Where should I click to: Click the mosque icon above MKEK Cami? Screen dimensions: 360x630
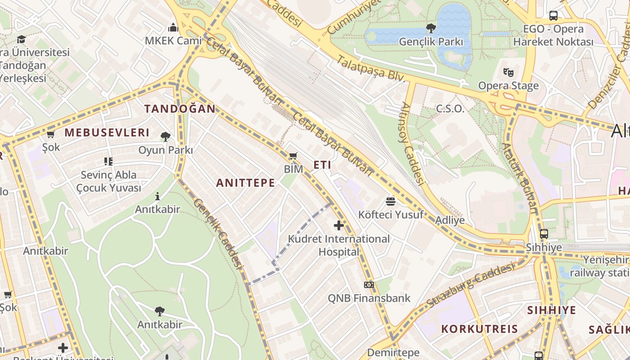coord(173,27)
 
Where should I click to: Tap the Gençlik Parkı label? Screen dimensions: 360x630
coord(431,42)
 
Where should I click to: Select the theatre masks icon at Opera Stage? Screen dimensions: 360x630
coord(508,72)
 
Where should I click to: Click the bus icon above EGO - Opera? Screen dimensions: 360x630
coord(553,16)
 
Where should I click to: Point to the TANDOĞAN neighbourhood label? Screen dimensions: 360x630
coord(180,108)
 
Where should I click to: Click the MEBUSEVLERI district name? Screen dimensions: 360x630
coord(107,132)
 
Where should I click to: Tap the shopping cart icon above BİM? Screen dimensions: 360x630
coord(293,156)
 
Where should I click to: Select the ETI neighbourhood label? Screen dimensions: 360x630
coord(322,165)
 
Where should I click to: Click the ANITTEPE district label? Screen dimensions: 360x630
coord(245,182)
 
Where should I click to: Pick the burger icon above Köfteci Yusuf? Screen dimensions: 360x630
coord(391,201)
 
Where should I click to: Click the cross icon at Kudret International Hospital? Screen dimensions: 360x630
coord(339,225)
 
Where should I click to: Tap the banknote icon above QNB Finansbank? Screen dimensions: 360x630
coord(369,285)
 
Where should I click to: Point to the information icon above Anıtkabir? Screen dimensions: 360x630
coord(157,196)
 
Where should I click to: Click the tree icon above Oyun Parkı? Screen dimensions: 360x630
coord(165,136)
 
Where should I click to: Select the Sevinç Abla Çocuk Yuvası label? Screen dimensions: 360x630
coord(108,181)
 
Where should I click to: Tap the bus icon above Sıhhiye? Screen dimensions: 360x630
coord(544,234)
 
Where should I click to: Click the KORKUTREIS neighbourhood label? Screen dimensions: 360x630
coord(480,328)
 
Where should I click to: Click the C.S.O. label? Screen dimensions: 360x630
coord(450,108)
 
